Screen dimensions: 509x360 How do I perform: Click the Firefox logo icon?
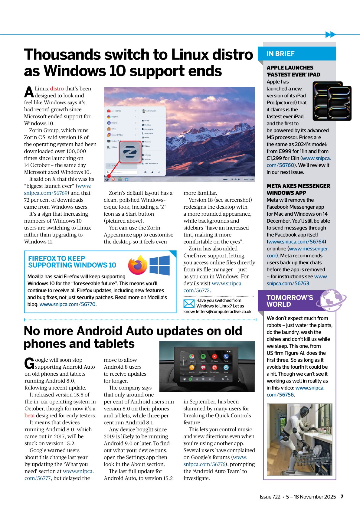click(x=138, y=265)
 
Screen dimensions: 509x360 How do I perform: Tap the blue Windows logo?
click(x=160, y=265)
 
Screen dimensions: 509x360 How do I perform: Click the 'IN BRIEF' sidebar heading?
click(x=280, y=54)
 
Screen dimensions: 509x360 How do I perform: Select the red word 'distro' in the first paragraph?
click(x=57, y=89)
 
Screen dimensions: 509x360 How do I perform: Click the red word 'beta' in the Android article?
click(x=29, y=416)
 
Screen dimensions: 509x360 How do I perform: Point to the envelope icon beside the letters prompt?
click(x=189, y=303)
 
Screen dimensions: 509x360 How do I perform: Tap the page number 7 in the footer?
click(x=342, y=497)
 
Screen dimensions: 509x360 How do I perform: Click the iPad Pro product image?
click(x=332, y=101)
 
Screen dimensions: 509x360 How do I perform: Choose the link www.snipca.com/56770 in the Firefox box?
click(x=67, y=304)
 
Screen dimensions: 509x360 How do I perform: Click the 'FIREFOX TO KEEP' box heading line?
click(x=57, y=259)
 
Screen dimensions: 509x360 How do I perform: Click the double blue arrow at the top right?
click(x=331, y=34)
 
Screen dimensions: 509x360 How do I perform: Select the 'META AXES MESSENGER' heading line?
click(x=298, y=186)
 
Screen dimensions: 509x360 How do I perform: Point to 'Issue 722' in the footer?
click(x=270, y=497)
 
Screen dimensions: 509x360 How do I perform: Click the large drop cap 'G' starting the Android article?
click(x=29, y=363)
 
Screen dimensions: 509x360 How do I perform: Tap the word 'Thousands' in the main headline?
click(x=62, y=55)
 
